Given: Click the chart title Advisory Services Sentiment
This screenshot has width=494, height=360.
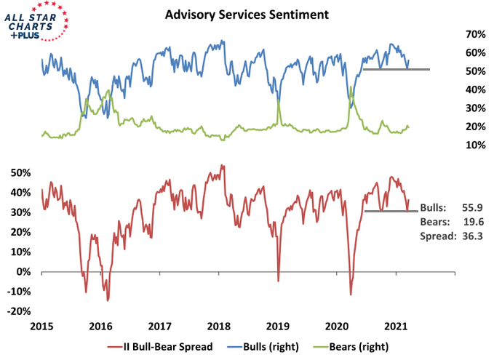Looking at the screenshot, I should pyautogui.click(x=247, y=15).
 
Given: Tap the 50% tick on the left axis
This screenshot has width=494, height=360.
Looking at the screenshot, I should pyautogui.click(x=23, y=172).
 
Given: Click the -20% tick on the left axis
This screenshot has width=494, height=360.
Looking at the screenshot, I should pyautogui.click(x=21, y=311).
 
